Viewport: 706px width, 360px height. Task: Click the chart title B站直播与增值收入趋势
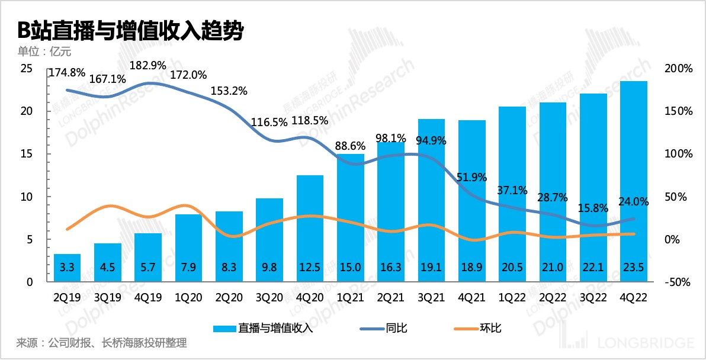click(x=130, y=31)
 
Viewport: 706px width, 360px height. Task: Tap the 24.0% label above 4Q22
click(x=633, y=201)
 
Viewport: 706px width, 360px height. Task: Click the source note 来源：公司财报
click(x=101, y=343)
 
